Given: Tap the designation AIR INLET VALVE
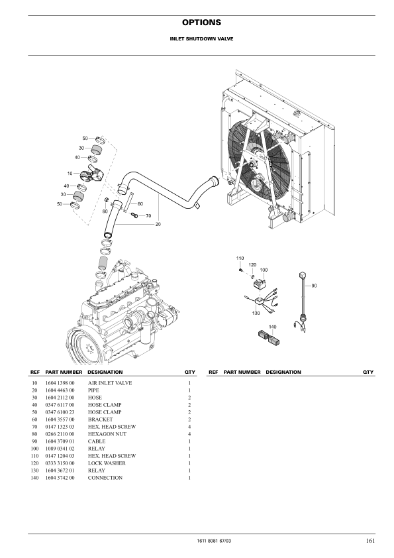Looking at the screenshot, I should point(110,383).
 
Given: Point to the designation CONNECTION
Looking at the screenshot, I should point(105,478).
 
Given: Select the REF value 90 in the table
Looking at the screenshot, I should point(34,441).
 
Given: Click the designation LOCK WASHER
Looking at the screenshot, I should point(107,463).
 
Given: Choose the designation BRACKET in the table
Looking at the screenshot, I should point(100,419).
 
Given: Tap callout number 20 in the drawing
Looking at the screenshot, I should point(158,225).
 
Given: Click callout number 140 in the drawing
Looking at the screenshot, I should point(272,327).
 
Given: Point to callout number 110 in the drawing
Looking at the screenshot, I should point(240,257).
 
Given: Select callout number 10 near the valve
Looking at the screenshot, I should point(70,173).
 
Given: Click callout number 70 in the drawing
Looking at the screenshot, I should point(148,216).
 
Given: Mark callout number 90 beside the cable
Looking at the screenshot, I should point(314,286).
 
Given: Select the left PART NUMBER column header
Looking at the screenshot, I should point(64,372).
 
